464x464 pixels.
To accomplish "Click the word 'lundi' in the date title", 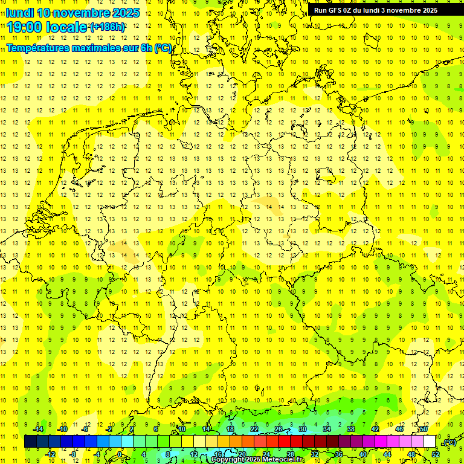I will coord(20,13).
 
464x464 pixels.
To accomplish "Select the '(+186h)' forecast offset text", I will coord(108,27).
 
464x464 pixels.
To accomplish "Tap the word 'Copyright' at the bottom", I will coord(227,460).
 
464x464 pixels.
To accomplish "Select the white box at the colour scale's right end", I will coord(429,442).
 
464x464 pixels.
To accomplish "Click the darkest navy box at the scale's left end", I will coord(30,442).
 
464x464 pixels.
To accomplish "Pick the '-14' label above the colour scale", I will coord(37,429).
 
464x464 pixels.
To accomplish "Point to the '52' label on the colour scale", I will coord(436,454).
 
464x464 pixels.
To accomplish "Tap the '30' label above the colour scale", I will coord(302,429).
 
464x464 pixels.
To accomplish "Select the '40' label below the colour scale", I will coord(362,454).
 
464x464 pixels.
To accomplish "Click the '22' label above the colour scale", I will coord(254,429).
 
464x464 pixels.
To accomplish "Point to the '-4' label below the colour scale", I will coord(97,454).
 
